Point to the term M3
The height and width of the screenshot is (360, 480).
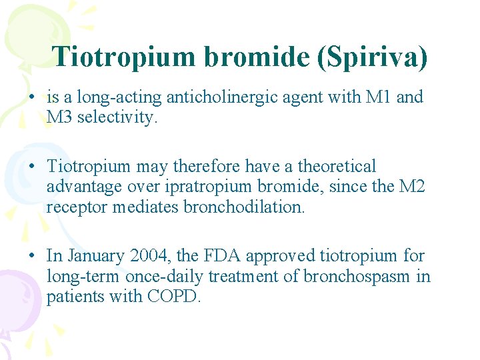click(60, 117)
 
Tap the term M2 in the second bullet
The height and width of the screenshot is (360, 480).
click(411, 187)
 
